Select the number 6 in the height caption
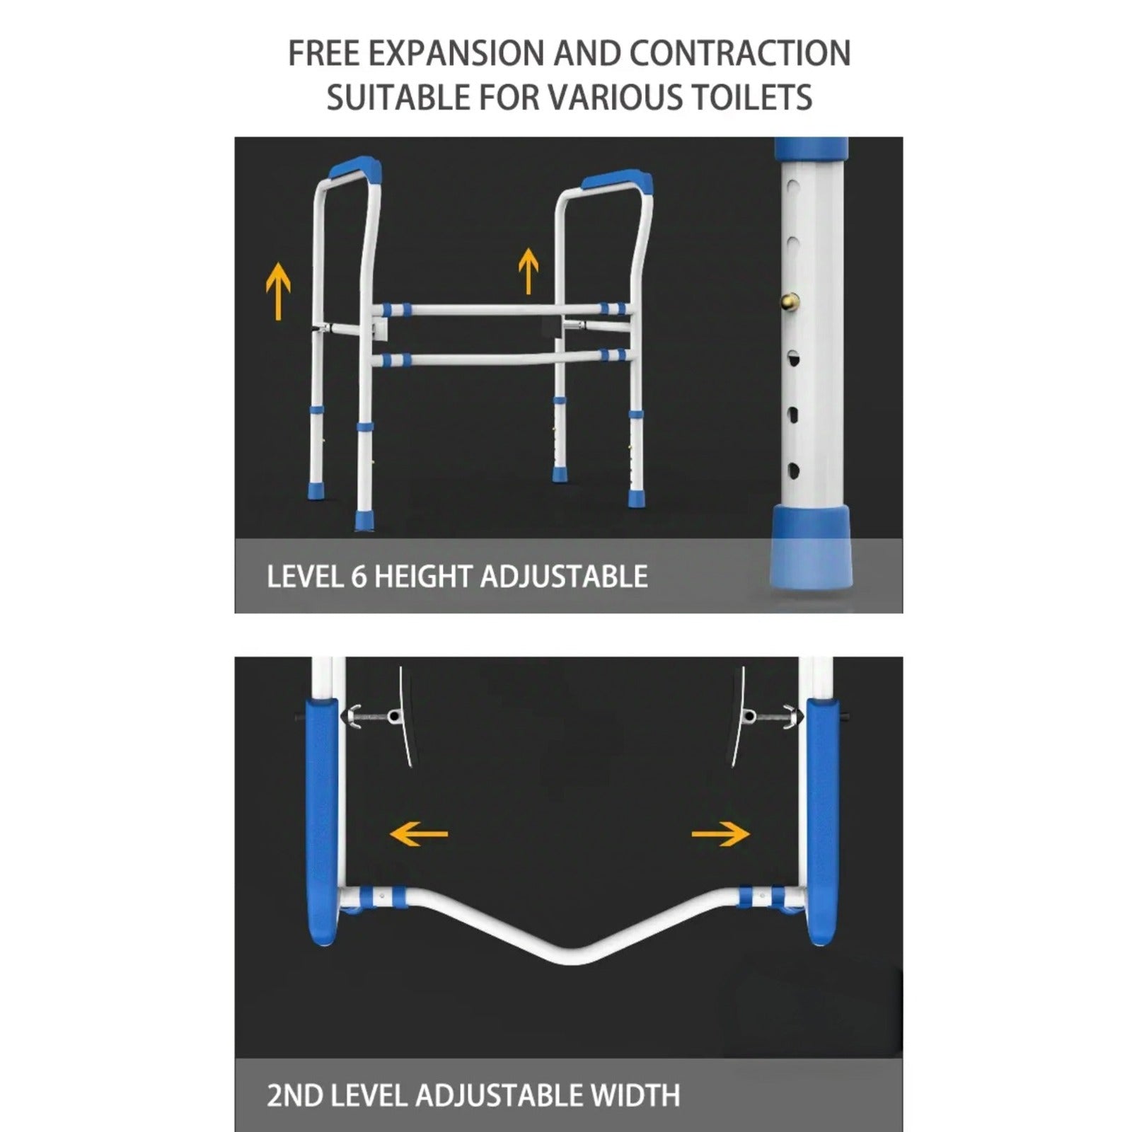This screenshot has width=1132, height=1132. [359, 577]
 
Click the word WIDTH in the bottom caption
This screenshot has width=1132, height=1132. [635, 1096]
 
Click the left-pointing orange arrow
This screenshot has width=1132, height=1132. [419, 833]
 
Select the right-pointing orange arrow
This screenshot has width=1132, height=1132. [720, 833]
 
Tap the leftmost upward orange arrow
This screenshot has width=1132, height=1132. [278, 290]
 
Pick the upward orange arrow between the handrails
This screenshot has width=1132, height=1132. [528, 270]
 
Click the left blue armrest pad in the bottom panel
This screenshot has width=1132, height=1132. [322, 821]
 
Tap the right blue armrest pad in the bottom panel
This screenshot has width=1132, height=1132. [823, 821]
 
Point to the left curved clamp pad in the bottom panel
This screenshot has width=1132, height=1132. [406, 716]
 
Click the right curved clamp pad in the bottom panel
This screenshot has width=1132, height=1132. [737, 716]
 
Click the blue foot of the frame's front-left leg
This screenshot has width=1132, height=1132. [365, 520]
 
